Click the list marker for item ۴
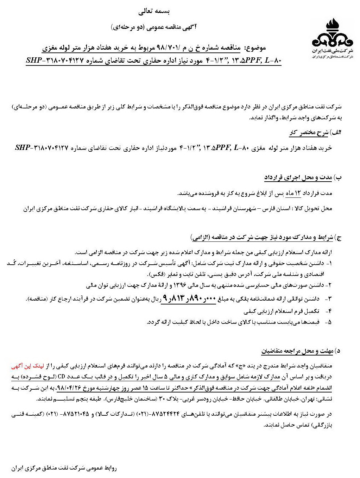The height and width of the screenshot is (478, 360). [x=329, y=311]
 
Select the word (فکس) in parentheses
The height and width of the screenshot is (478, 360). [x=154, y=274]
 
